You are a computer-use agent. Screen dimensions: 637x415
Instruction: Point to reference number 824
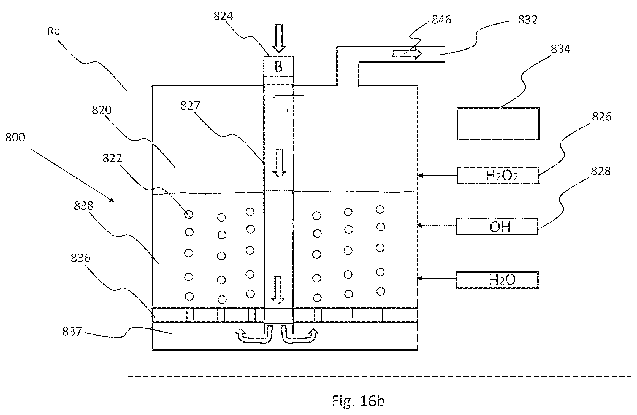[223, 16]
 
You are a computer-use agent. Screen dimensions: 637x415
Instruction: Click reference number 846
[441, 20]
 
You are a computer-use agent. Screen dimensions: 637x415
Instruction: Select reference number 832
[528, 20]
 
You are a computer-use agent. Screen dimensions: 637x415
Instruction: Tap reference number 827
[190, 106]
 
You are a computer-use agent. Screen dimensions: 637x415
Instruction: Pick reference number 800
[15, 137]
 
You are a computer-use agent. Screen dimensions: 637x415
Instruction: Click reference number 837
[72, 331]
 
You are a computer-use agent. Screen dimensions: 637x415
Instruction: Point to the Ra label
[53, 31]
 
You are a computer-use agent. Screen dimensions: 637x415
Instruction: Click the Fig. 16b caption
[358, 401]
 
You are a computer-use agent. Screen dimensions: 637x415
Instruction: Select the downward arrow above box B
[279, 38]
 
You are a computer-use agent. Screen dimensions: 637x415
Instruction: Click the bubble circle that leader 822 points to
[189, 214]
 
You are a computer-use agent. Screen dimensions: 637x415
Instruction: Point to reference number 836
[80, 258]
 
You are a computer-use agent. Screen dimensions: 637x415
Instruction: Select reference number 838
[84, 206]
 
